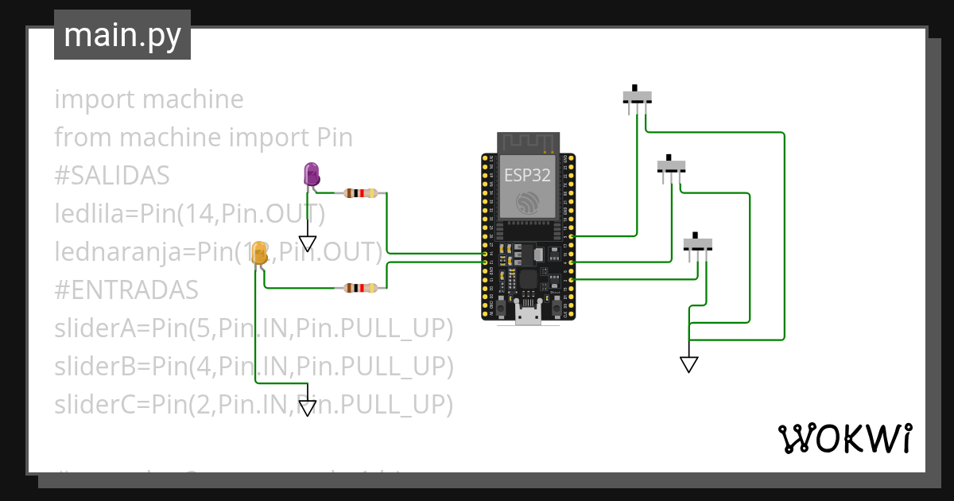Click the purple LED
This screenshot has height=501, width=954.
311,174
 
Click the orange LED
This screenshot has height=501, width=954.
259,254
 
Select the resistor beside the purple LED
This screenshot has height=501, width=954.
363,193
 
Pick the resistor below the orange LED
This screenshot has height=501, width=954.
363,289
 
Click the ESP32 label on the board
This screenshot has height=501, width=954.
527,176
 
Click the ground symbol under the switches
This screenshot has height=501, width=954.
689,364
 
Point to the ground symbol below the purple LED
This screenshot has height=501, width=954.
308,243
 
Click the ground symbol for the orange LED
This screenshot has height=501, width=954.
308,408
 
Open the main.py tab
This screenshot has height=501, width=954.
122,35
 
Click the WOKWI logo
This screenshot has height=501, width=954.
844,439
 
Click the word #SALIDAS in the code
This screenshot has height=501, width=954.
111,176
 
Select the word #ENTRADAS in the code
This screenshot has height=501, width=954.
126,290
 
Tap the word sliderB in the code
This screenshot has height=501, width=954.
99,367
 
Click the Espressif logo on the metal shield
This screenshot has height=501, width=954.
526,204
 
